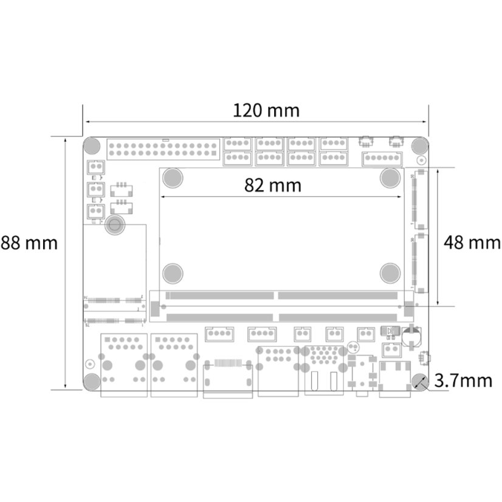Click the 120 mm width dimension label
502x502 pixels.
point(266,111)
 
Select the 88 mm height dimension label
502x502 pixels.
point(29,243)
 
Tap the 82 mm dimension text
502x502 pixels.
point(273,185)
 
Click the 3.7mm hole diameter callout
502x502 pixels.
point(464,381)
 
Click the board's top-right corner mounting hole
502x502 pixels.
point(419,146)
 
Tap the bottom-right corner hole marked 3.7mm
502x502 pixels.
point(419,381)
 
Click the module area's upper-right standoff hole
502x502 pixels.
point(389,177)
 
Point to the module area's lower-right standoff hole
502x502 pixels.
point(389,273)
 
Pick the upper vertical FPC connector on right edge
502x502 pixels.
point(420,198)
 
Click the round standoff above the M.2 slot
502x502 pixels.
point(114,225)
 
